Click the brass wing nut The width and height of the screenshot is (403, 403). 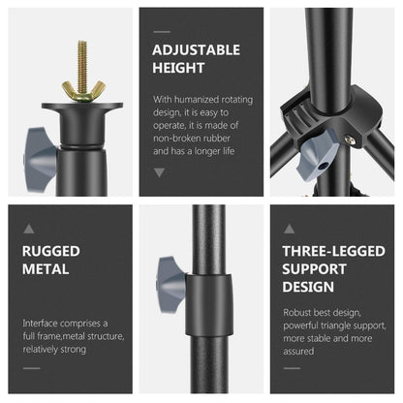78,90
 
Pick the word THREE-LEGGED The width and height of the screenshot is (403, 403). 332,251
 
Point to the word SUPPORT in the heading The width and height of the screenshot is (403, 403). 315,269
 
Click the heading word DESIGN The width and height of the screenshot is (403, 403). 308,288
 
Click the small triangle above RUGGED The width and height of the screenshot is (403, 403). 29,228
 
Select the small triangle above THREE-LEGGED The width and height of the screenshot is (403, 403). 289,228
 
